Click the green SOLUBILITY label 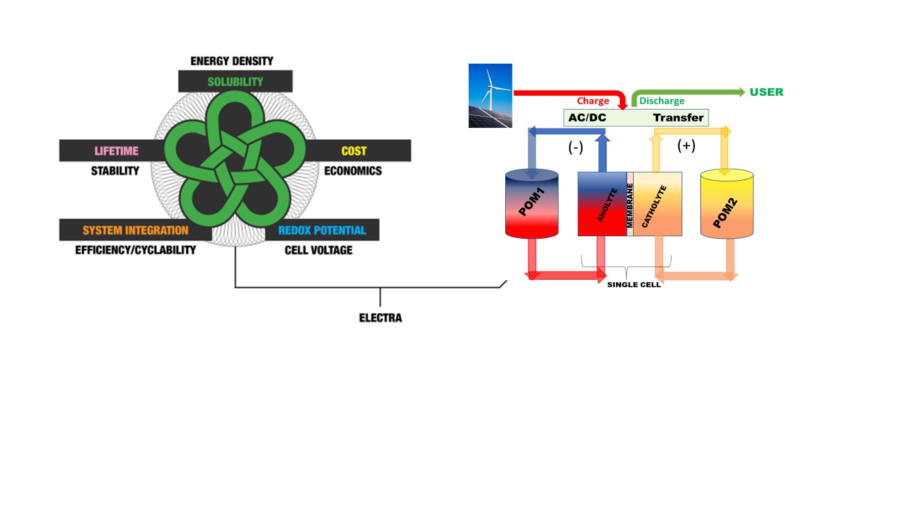(235, 82)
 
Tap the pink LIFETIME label (117, 151)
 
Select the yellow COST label (353, 151)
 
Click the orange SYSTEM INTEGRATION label (135, 231)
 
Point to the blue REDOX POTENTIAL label (322, 231)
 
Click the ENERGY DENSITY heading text (232, 61)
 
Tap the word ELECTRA (380, 318)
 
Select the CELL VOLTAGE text (318, 250)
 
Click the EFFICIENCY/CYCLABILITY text (135, 250)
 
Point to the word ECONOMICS (353, 171)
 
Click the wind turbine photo (490, 96)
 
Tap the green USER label (766, 92)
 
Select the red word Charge (593, 101)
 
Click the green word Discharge (661, 101)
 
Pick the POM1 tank (532, 203)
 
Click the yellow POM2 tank (727, 204)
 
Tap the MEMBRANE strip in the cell (630, 204)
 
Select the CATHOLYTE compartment (658, 204)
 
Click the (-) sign (576, 147)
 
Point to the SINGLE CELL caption (634, 285)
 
